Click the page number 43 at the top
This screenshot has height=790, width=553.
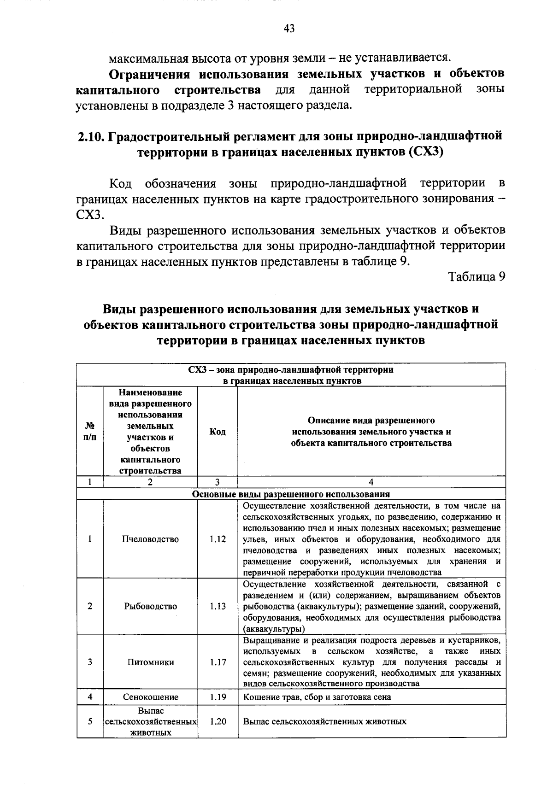tap(289, 29)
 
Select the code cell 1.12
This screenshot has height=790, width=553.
tap(218, 539)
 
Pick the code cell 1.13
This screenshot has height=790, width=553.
tap(218, 606)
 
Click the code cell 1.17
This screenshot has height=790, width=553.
tap(218, 662)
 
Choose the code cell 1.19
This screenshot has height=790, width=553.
tap(218, 697)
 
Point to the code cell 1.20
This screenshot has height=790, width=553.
tap(218, 721)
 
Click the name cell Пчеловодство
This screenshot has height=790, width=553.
tap(150, 539)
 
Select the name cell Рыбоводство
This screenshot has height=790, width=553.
tap(150, 606)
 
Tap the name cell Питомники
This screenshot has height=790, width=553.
tap(150, 662)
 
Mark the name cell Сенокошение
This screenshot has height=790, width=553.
tap(150, 697)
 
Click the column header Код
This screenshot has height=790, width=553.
tap(218, 432)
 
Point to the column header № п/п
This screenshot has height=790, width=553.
tap(90, 432)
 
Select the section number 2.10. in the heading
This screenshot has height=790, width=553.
tap(92, 136)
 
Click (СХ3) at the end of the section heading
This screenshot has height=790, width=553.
tap(425, 152)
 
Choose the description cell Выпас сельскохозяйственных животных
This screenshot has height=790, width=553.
tap(324, 721)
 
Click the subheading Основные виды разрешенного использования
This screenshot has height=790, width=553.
tap(291, 494)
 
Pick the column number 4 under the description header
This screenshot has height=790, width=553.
tap(371, 482)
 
